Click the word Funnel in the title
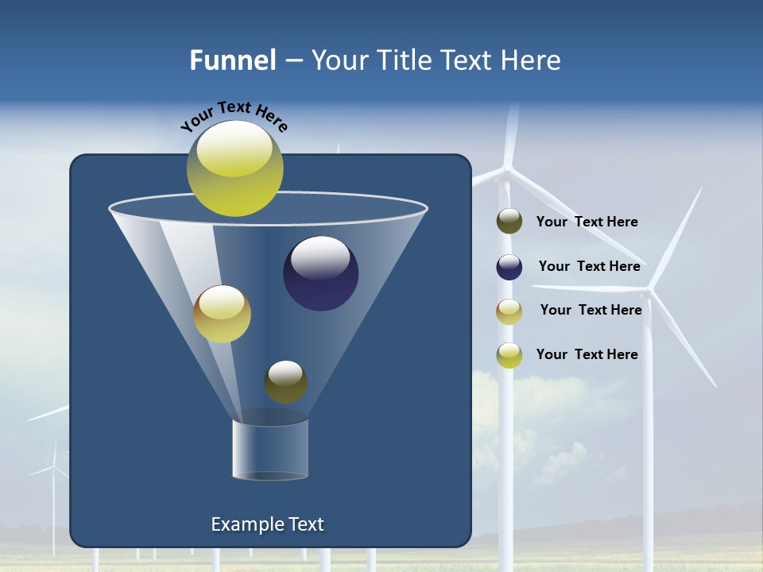[x=232, y=60]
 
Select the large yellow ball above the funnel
[x=234, y=168]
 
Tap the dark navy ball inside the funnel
[x=321, y=273]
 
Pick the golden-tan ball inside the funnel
[x=222, y=314]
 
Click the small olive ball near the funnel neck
[x=285, y=382]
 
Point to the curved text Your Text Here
[x=234, y=117]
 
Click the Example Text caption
[x=267, y=524]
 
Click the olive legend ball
[x=509, y=222]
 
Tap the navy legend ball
[x=509, y=267]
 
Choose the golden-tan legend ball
[x=509, y=311]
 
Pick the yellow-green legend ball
[x=509, y=355]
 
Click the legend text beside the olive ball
[x=587, y=222]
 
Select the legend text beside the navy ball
[x=589, y=266]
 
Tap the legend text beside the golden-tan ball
[x=591, y=310]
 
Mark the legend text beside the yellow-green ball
[x=587, y=354]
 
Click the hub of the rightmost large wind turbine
[x=649, y=292]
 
